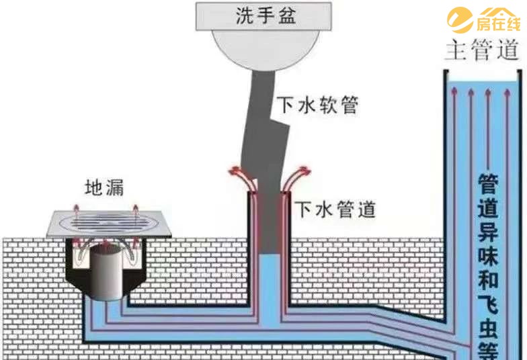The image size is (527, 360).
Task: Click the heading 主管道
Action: pyautogui.click(x=482, y=50)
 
